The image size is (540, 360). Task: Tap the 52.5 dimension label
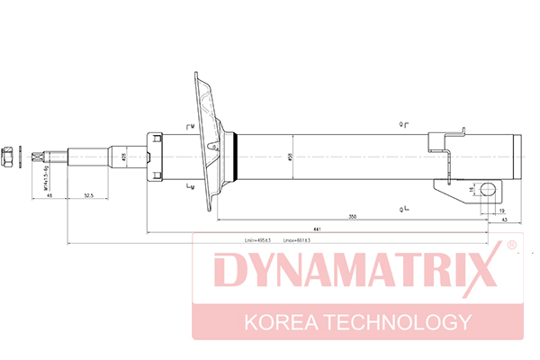coord(88,194)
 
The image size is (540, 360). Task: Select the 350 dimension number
coord(353,217)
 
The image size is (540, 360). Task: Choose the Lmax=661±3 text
coord(298,241)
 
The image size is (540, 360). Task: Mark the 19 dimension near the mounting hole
coord(501,210)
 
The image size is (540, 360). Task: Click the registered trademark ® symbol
coord(510,245)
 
